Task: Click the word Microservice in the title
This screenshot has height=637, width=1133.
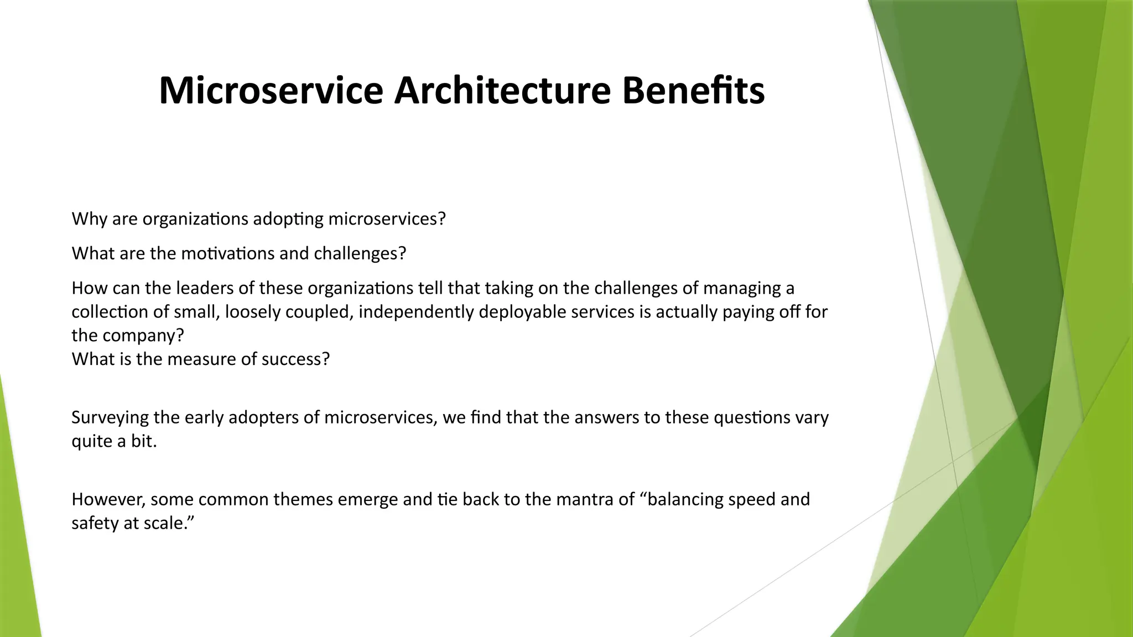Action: click(x=271, y=90)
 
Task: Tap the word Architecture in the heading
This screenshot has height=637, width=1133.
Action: click(x=502, y=90)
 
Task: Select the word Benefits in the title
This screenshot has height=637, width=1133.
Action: click(x=693, y=90)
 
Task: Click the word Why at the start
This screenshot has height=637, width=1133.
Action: click(x=89, y=219)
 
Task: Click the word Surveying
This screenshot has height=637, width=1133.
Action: click(x=110, y=417)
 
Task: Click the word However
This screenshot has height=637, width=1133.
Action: click(x=108, y=499)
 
